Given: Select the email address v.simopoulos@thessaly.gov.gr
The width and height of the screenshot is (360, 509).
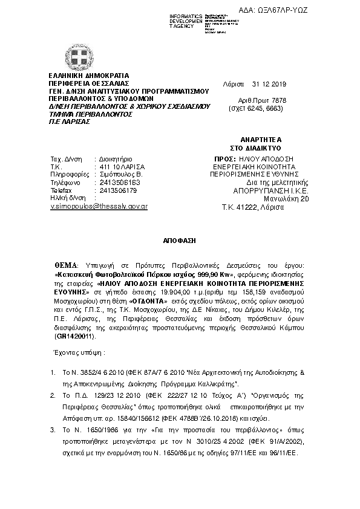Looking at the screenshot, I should point(99,206).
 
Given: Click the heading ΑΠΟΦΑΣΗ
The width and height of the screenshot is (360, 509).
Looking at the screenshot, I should point(180,240).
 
